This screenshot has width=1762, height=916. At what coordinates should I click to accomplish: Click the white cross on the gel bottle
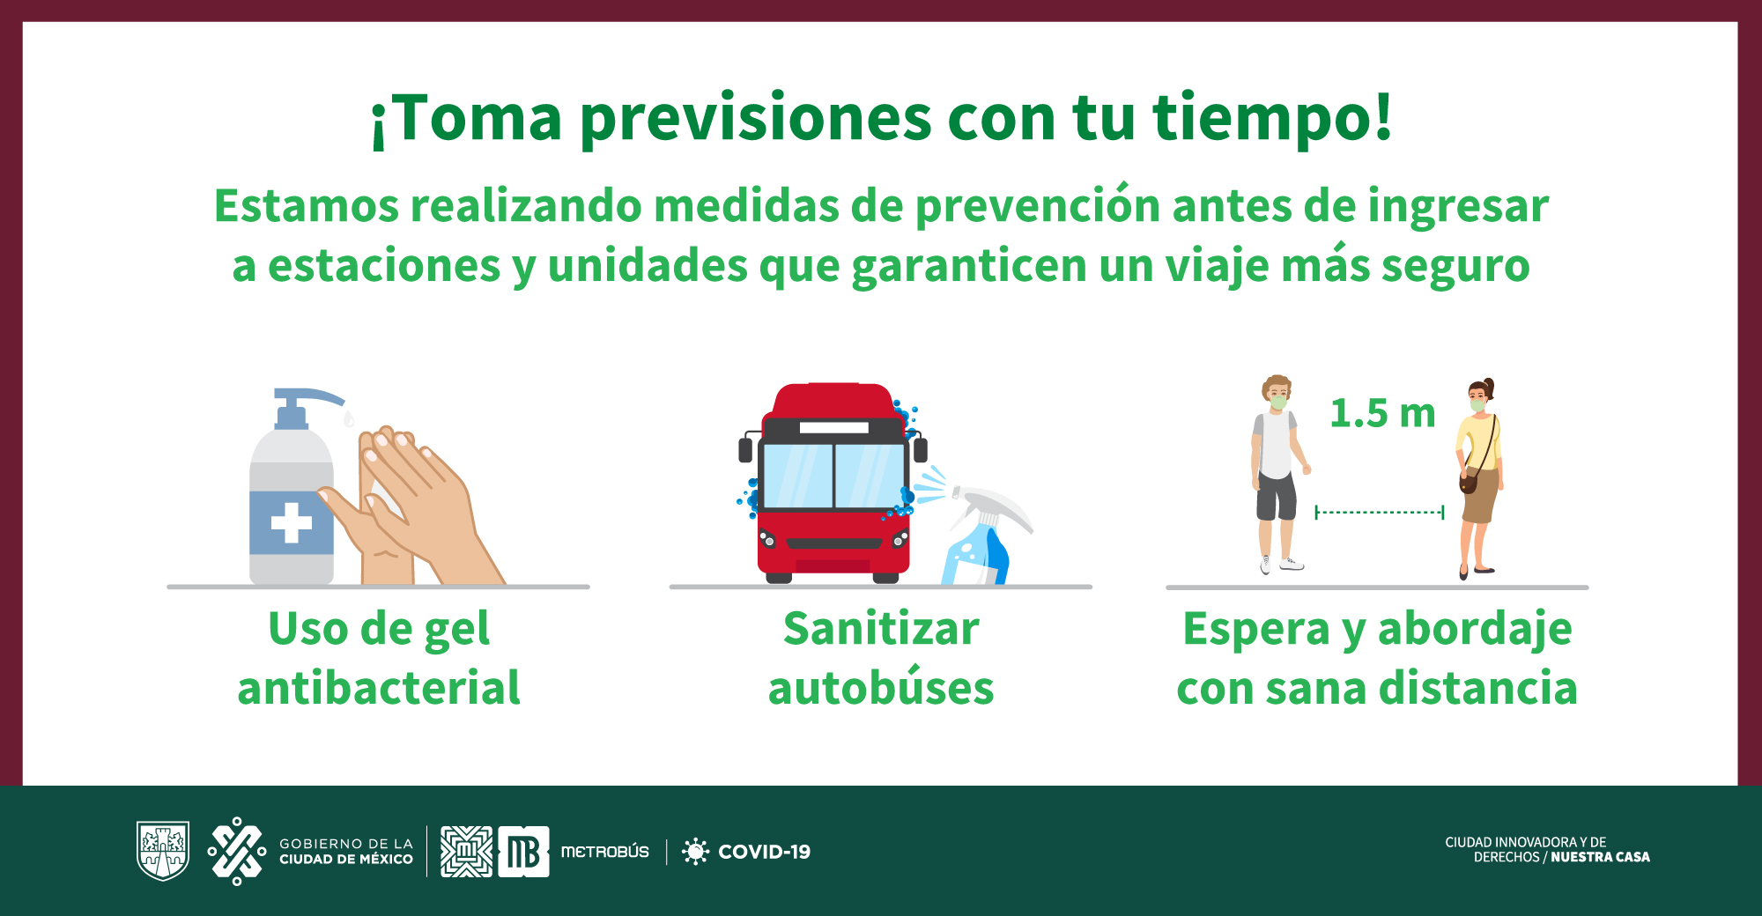click(x=292, y=523)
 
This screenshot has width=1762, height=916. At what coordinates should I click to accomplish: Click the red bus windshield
click(x=833, y=476)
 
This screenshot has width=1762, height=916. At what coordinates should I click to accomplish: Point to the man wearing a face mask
click(x=1278, y=475)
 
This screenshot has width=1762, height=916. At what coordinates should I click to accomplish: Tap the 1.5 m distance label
click(x=1382, y=413)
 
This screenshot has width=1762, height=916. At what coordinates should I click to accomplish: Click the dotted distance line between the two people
click(x=1380, y=512)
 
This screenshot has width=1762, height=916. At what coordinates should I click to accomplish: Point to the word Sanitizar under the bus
click(x=881, y=629)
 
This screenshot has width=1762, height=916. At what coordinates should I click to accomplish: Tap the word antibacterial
click(x=379, y=688)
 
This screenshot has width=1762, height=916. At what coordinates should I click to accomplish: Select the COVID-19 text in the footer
click(x=765, y=852)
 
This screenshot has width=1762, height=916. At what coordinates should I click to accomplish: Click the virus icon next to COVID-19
click(x=695, y=852)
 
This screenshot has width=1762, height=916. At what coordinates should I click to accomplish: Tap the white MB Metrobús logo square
click(x=523, y=852)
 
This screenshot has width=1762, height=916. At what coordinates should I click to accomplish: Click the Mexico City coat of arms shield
click(x=163, y=851)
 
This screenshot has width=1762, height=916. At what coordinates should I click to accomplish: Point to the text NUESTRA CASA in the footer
click(x=1600, y=857)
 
